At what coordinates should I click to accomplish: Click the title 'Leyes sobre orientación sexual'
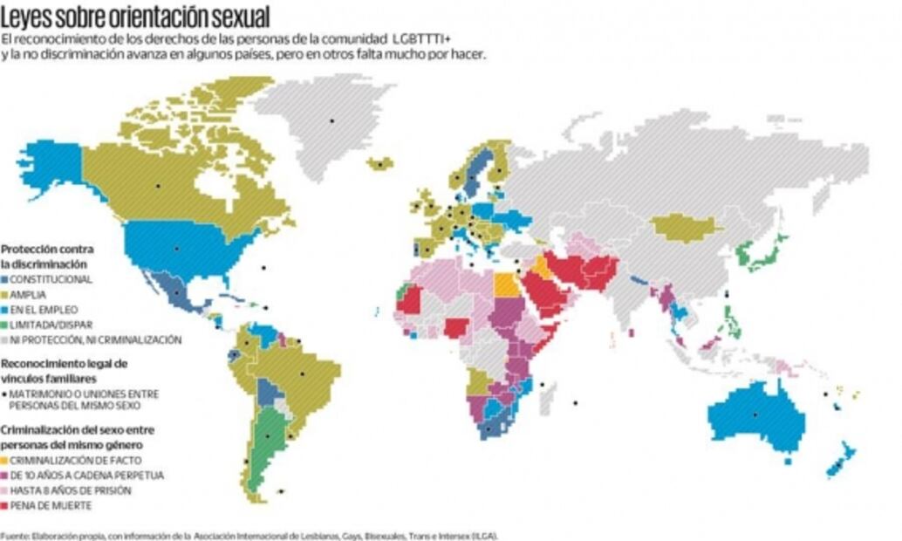135,17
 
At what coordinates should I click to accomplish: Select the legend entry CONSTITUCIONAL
51,278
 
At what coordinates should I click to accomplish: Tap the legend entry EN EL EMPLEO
44,309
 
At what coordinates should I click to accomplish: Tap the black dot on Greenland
331,120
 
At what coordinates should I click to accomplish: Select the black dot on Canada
158,186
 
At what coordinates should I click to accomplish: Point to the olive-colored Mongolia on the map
686,228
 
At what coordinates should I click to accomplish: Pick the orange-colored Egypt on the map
504,285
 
